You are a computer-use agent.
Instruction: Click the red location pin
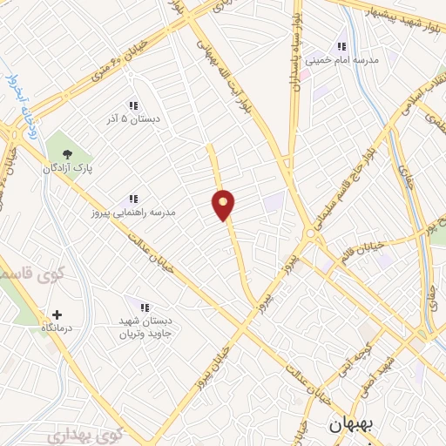[x=224, y=205]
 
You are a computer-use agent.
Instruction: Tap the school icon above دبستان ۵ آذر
[x=133, y=105]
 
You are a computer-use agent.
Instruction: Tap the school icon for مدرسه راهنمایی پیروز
[x=134, y=199]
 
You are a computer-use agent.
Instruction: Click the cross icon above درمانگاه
[x=57, y=314]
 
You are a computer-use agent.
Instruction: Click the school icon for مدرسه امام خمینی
[x=342, y=46]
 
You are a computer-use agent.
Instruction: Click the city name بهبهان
[x=349, y=426]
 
